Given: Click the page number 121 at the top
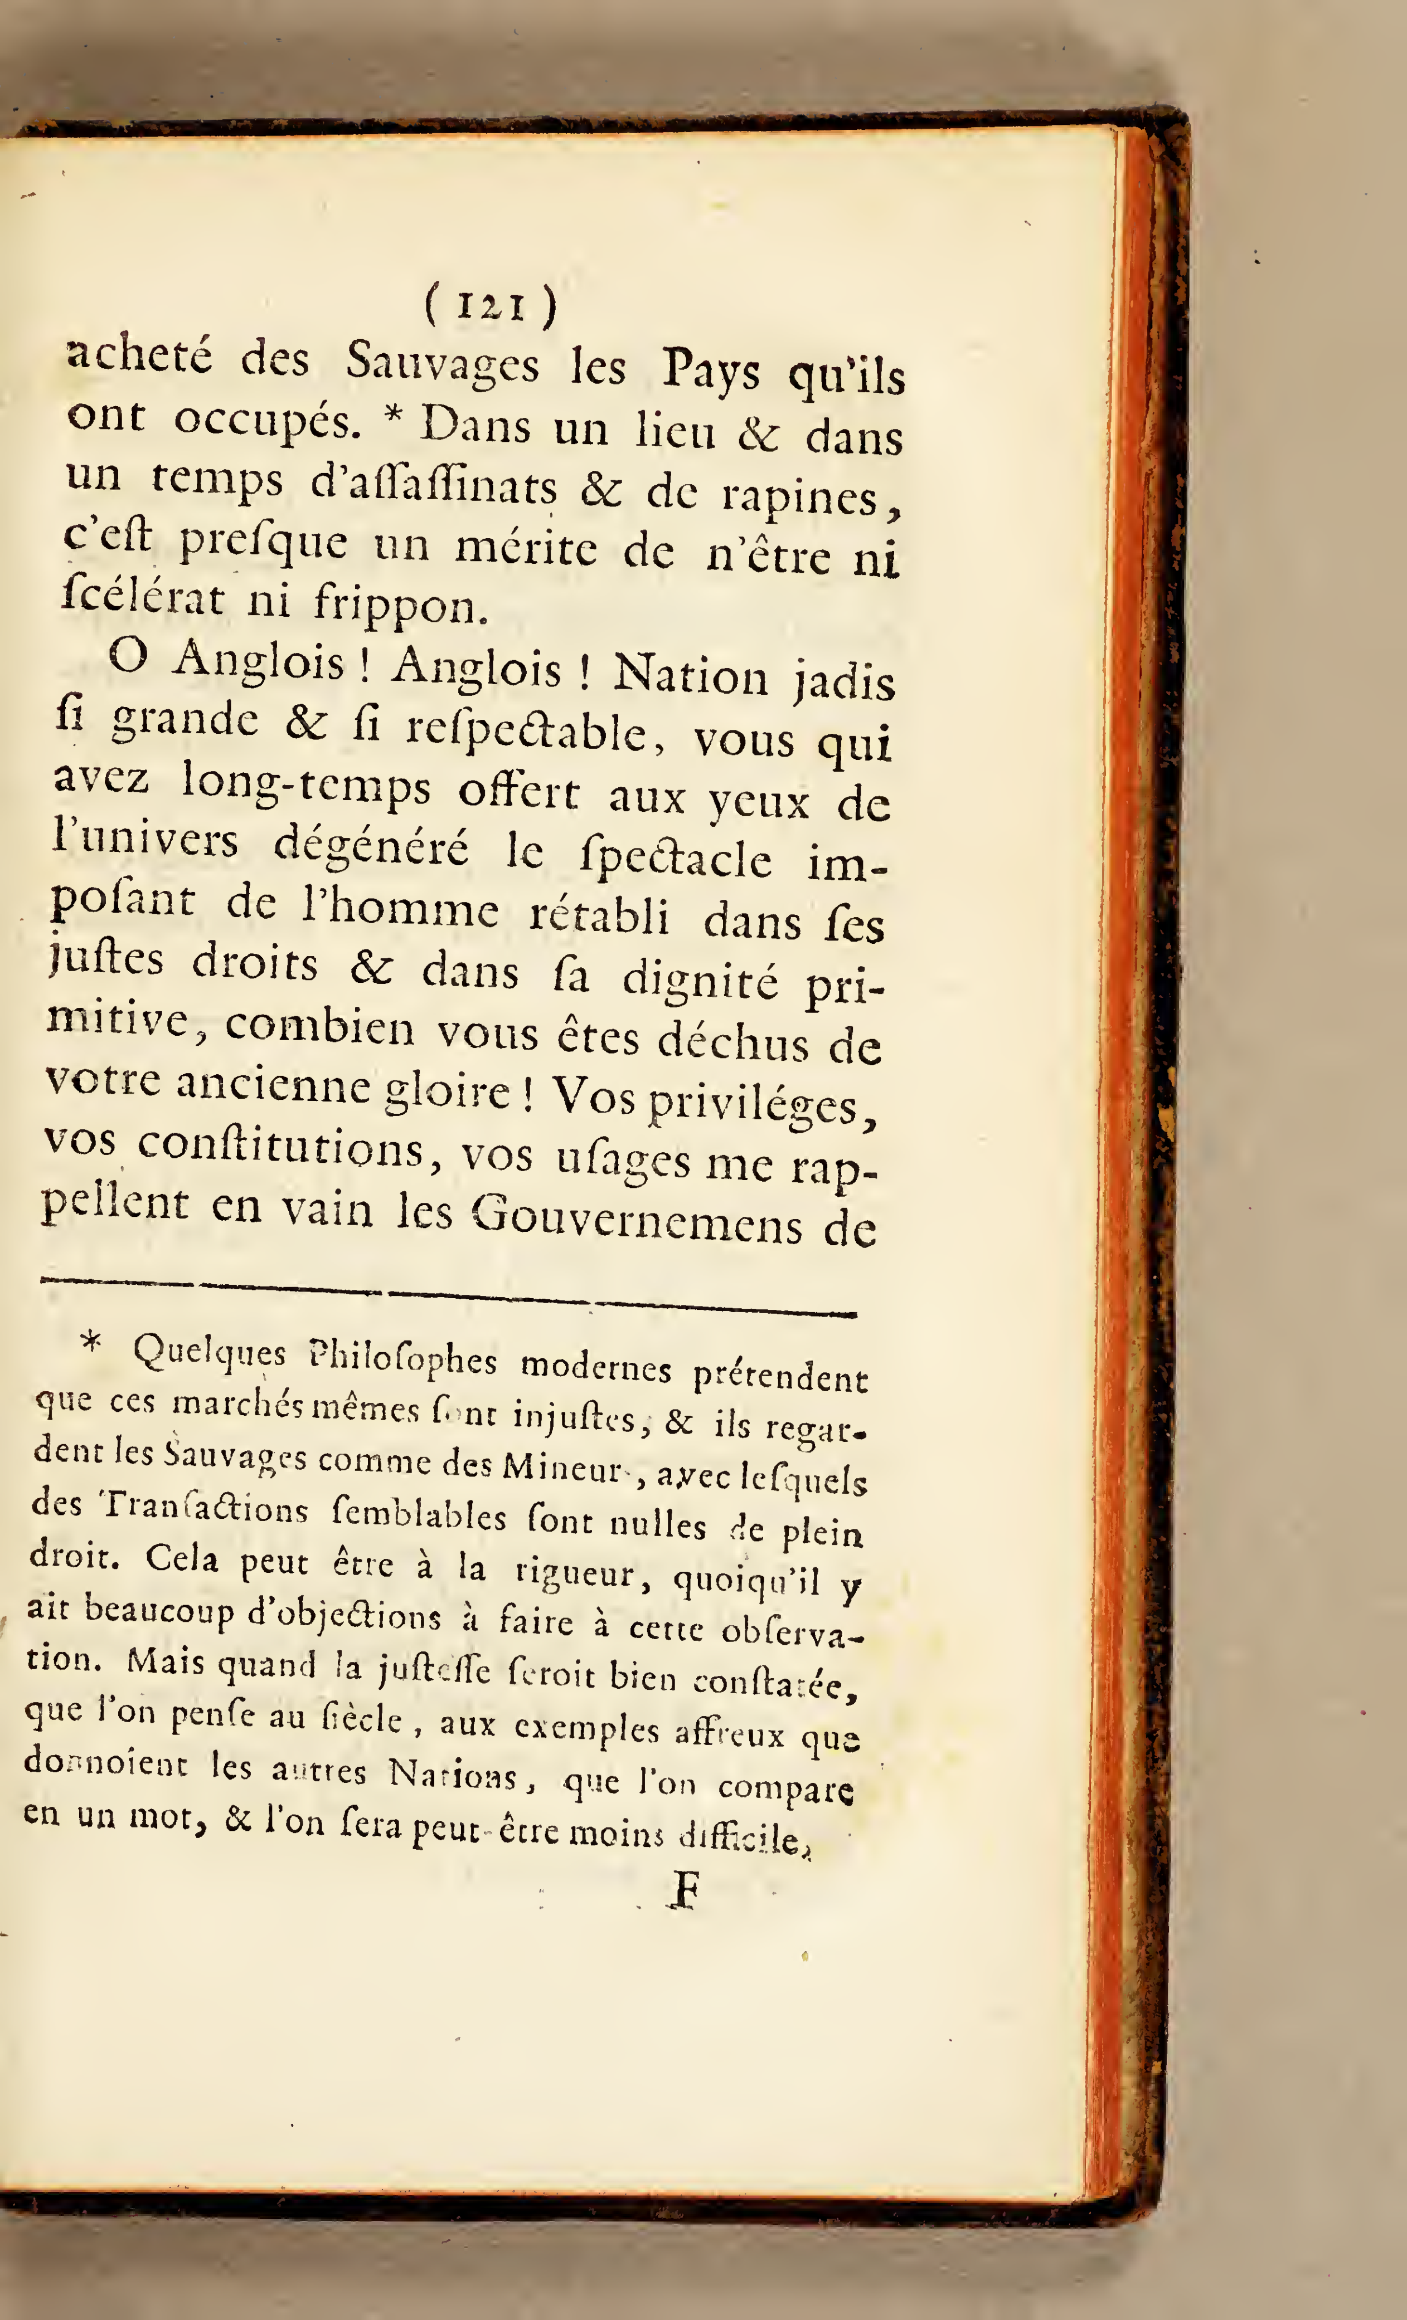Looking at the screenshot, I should pyautogui.click(x=491, y=306).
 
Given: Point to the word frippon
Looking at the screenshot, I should pyautogui.click(x=401, y=605).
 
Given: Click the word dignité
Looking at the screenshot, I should pyautogui.click(x=700, y=979).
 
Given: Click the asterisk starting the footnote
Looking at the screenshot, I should pyautogui.click(x=91, y=1341).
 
